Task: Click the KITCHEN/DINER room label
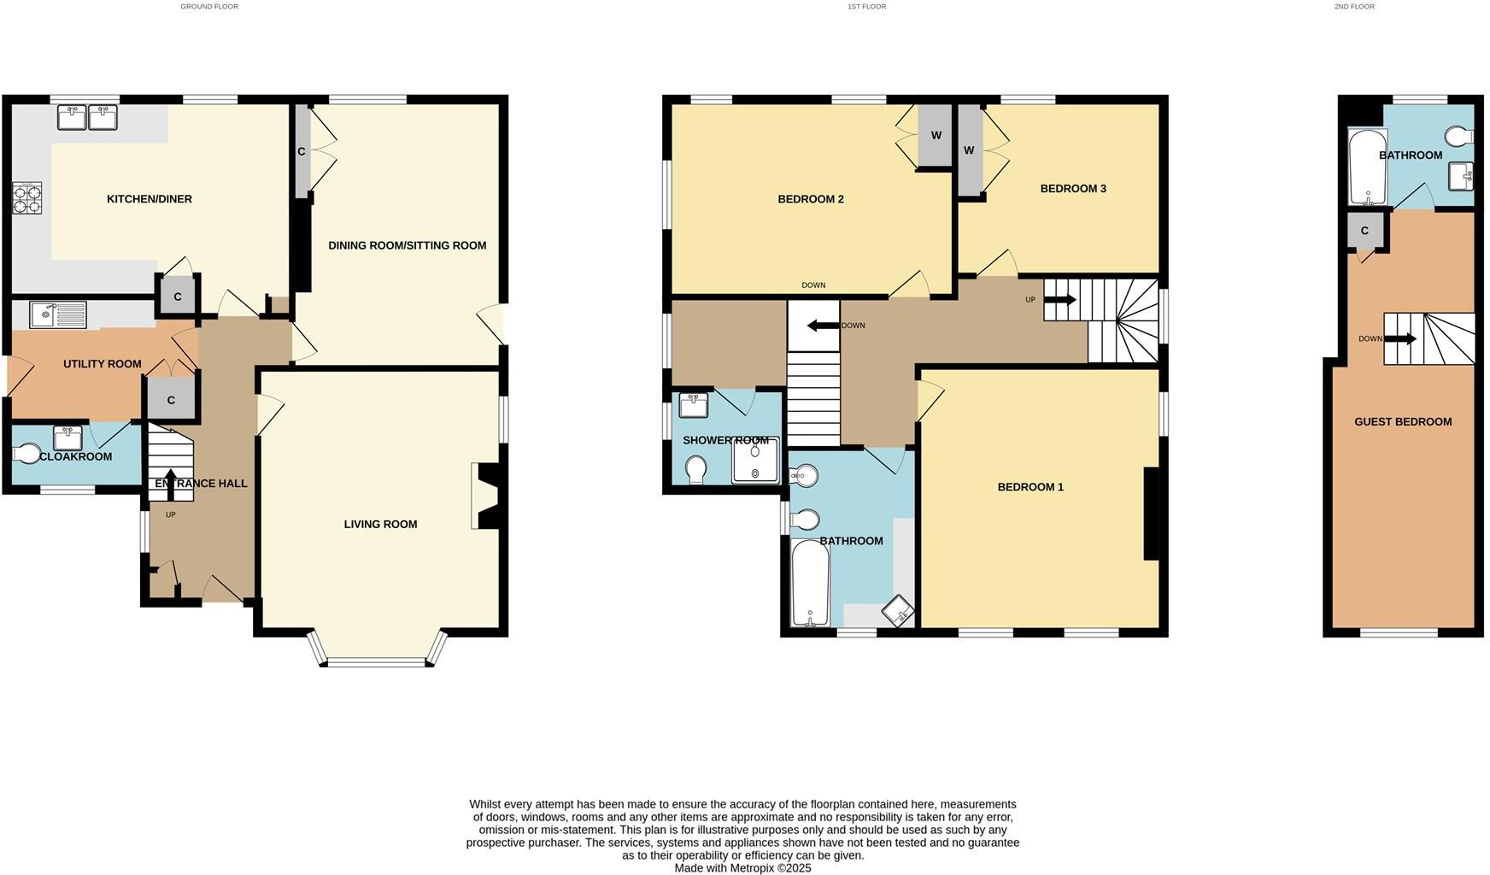150,199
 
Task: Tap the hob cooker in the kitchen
26,199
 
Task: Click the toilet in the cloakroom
27,453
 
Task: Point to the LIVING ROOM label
380,525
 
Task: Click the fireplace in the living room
486,496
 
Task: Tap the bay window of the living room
377,661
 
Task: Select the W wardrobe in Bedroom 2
936,136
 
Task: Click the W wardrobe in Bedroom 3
969,150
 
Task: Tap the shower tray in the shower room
755,461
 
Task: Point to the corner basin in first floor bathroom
897,610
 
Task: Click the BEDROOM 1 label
1030,487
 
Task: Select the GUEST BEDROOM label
1403,422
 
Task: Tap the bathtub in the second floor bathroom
1367,167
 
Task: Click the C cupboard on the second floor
1364,231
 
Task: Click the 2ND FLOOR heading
1354,7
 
